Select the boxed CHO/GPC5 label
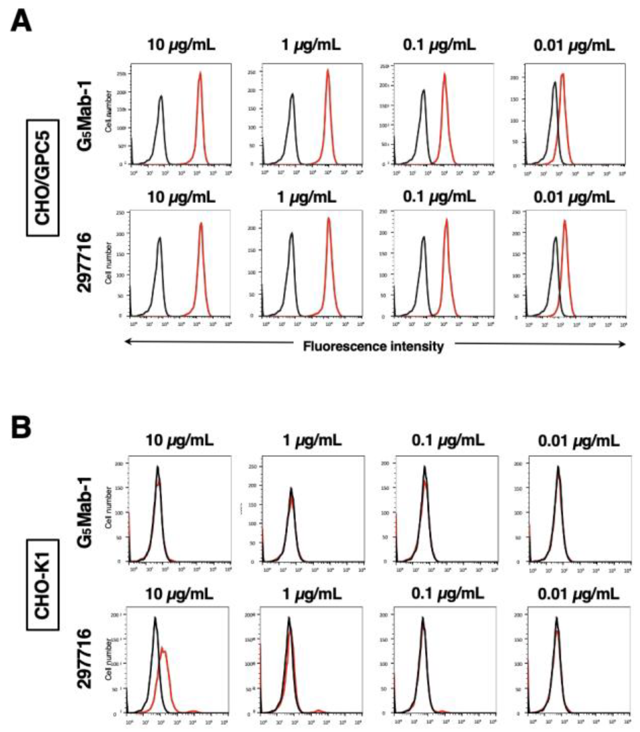click(42, 178)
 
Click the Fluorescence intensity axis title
click(373, 346)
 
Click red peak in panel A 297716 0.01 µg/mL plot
click(565, 221)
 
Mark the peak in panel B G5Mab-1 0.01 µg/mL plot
click(557, 467)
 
